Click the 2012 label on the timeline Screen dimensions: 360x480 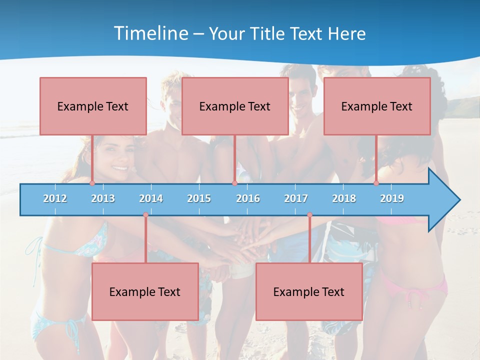tap(55, 198)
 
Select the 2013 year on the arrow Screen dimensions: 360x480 tap(103, 198)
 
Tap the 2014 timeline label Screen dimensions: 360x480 tap(151, 198)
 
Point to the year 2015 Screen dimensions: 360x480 tap(199, 198)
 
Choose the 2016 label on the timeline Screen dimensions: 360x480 tap(248, 198)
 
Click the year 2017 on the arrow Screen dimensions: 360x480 tap(296, 198)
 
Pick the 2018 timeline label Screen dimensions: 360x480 tap(344, 198)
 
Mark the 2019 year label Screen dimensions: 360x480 tap(392, 198)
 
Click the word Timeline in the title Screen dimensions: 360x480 tap(150, 33)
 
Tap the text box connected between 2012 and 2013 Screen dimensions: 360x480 tap(93, 106)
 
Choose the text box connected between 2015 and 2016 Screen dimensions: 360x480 tap(235, 106)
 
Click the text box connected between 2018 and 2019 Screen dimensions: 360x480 tap(377, 106)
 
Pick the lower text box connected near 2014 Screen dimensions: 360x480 tap(145, 291)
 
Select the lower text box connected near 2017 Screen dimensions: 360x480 tap(309, 291)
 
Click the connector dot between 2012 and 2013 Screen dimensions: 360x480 tap(92, 183)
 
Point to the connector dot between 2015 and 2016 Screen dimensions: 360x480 tap(234, 183)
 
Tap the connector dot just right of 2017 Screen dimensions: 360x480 tap(309, 215)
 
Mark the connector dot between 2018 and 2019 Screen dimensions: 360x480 tap(376, 183)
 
